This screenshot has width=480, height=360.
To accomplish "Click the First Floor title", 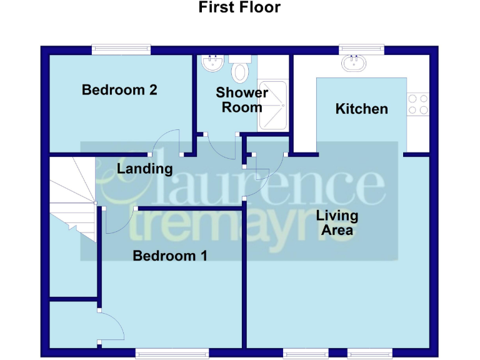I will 239,8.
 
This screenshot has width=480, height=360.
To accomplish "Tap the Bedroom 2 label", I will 119,90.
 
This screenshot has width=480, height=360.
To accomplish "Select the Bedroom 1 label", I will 170,256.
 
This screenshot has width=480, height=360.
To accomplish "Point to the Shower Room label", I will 242,100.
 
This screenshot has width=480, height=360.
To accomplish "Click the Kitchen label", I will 361,109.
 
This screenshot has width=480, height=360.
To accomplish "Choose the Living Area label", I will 337,223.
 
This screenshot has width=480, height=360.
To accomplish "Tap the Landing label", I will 144,169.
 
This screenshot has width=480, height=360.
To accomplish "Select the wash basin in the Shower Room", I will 212,62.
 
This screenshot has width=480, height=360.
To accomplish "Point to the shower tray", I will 272,106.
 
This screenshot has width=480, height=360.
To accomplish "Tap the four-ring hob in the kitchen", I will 417,104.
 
